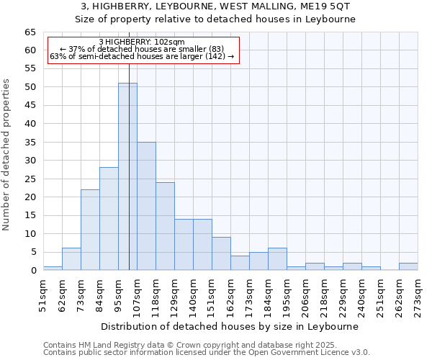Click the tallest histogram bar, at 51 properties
coord(127,176)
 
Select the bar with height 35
coord(146,206)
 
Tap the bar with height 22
coord(90,230)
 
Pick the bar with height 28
coord(109,219)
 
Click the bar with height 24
coord(165,226)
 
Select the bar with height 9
coord(221,253)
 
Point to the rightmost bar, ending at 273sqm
coord(408,266)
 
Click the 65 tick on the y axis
coord(30,32)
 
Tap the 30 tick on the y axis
coord(30,161)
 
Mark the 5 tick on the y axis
coord(33,252)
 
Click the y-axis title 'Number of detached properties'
coord(8,155)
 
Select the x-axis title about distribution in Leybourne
coord(230,326)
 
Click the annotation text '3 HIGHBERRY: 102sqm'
coord(142,42)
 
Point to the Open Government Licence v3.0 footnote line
coord(207,352)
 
